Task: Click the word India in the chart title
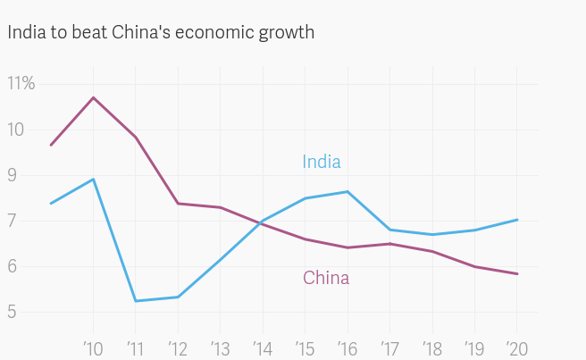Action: [x=25, y=32]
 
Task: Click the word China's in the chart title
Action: [x=140, y=32]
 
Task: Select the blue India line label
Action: [x=322, y=162]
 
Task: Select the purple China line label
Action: [x=326, y=278]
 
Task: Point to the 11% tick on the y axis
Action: [x=21, y=84]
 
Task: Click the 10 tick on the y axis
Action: [x=17, y=130]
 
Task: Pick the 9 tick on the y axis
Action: [x=13, y=176]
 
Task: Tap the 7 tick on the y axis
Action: [x=13, y=222]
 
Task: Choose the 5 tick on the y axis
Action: [x=13, y=313]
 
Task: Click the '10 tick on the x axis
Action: [x=94, y=347]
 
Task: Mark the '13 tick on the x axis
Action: [x=221, y=347]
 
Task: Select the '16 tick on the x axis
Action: [x=347, y=347]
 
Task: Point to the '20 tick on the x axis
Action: [x=515, y=347]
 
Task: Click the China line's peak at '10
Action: [x=94, y=97]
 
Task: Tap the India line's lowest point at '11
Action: [x=136, y=301]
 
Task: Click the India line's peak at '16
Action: [x=347, y=191]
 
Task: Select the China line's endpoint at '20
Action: [x=517, y=274]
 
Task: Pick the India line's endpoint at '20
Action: [x=517, y=220]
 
